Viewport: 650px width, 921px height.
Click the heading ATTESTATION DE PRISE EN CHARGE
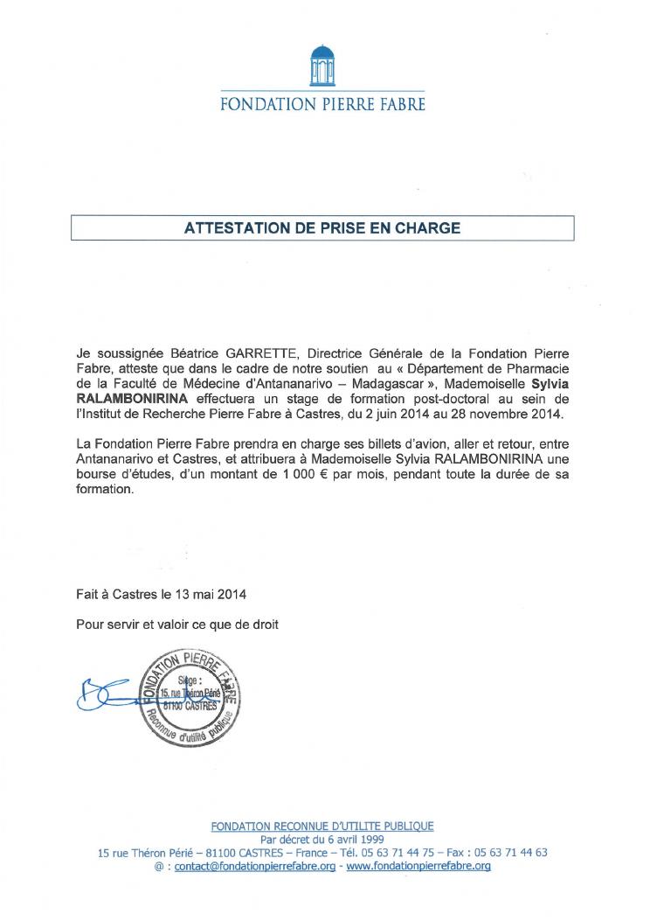322,228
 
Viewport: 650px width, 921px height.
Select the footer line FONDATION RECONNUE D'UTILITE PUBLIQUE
322,826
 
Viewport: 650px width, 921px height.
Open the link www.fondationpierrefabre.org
418,865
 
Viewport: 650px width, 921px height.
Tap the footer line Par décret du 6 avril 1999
322,839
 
